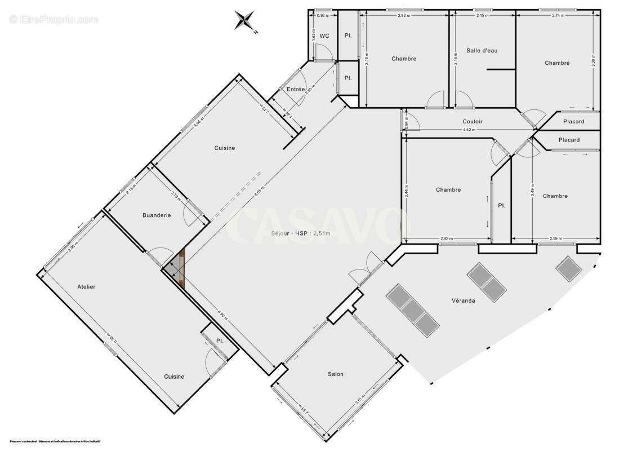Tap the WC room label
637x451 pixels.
tap(324, 36)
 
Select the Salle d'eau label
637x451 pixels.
tap(482, 51)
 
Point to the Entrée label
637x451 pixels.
tap(295, 90)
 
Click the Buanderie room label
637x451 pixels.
tap(157, 215)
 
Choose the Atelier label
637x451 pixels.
tap(86, 287)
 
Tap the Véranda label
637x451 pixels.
tap(463, 300)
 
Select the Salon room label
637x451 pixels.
tap(336, 374)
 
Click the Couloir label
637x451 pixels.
tap(472, 121)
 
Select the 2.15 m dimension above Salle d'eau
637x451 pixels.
tap(482, 15)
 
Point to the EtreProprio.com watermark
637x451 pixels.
tap(54, 20)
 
